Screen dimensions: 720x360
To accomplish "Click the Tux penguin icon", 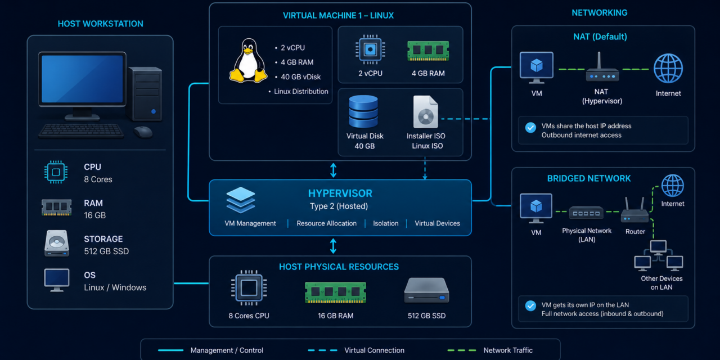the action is click(248, 61).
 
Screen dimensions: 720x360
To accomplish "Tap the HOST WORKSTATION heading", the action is click(100, 24).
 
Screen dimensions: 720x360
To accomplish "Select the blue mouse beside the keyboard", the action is click(143, 132).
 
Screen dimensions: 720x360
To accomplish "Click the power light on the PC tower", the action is click(154, 111).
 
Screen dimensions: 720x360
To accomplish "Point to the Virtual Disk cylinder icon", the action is click(363, 111).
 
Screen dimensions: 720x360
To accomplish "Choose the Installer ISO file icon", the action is click(426, 112).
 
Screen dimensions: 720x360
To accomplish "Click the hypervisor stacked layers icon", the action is click(240, 200).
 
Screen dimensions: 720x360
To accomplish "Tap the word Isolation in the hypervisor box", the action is click(386, 223).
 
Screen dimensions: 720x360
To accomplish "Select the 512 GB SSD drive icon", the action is click(426, 291).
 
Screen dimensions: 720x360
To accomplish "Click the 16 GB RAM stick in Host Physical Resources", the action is click(335, 292).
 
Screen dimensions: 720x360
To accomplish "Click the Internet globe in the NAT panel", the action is click(668, 69).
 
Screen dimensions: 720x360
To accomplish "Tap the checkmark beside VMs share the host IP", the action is click(530, 128).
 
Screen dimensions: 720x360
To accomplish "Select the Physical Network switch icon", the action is click(586, 213).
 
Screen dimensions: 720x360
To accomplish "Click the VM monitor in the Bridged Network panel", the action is click(536, 208).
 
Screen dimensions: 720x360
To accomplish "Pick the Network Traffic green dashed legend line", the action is click(462, 350).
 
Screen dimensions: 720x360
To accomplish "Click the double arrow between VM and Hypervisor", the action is click(334, 170).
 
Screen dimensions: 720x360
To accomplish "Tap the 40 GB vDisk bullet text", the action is click(300, 77).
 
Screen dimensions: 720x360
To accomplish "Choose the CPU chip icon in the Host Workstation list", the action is click(56, 172).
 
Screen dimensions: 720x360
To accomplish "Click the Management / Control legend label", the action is click(227, 350).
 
